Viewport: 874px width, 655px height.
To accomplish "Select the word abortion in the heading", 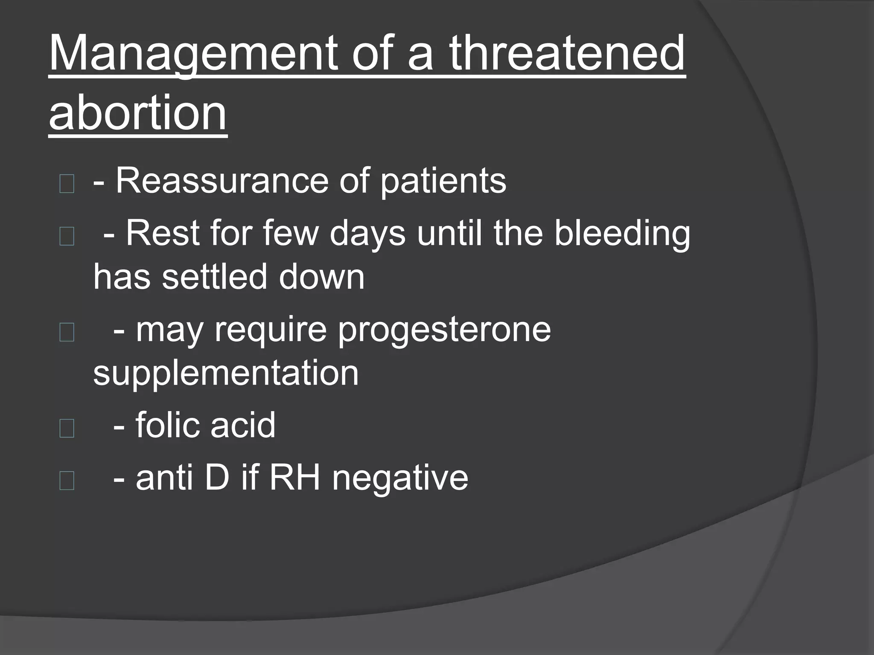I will coord(137,113).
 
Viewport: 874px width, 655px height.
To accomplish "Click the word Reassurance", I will coord(222,181).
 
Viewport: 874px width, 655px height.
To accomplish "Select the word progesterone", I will coord(444,330).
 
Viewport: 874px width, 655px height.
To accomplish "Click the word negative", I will coord(400,479).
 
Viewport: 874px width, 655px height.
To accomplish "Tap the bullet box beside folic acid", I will coord(67,428).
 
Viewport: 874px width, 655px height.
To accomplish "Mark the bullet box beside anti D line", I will coord(67,481).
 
